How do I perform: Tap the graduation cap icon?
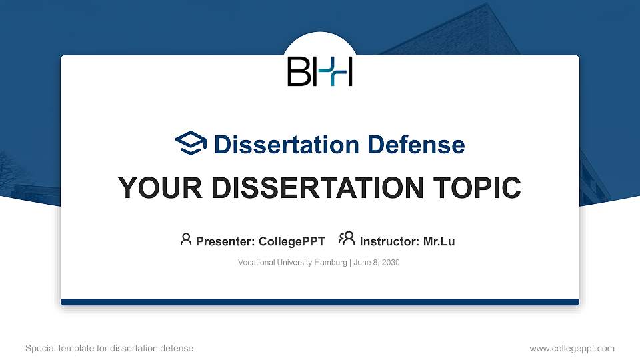point(191,143)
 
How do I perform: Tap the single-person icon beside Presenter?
point(186,239)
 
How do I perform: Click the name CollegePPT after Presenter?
point(291,241)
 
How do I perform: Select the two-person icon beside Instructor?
point(347,239)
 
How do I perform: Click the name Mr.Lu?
point(439,241)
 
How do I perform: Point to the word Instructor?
point(390,241)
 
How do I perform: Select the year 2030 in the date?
point(390,263)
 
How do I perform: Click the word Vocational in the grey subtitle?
point(256,263)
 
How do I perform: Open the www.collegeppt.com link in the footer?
point(572,348)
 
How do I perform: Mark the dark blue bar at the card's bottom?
point(320,302)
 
